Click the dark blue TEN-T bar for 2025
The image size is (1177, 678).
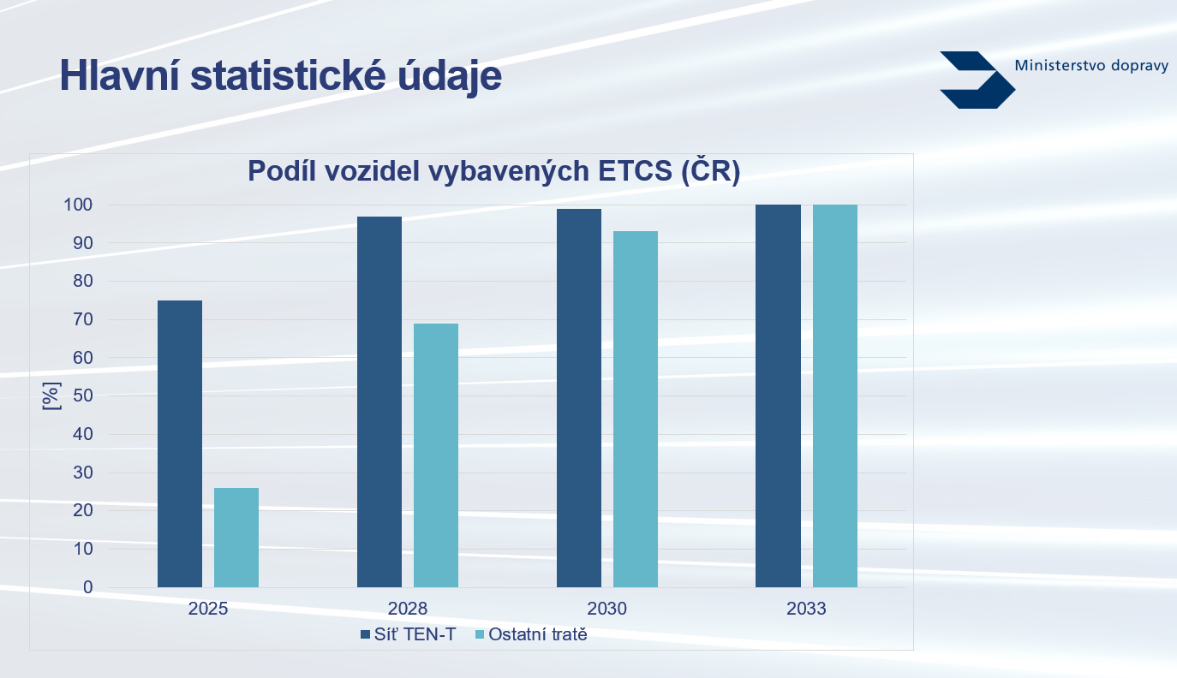[x=180, y=443]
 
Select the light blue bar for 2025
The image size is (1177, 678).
[x=236, y=538]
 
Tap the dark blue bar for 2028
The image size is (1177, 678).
[x=379, y=401]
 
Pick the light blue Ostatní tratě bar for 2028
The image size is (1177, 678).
[x=436, y=455]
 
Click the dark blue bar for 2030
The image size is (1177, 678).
[x=579, y=398]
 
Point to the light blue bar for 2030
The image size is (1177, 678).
[x=636, y=409]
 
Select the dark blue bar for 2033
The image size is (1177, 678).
[x=778, y=396]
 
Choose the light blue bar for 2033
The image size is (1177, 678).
[x=835, y=396]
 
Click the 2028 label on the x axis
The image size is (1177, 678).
[x=407, y=609]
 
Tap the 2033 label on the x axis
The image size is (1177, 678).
[x=806, y=609]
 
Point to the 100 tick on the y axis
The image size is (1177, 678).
[x=78, y=205]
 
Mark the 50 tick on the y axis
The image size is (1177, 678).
[x=83, y=395]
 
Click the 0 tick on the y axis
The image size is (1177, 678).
[x=87, y=587]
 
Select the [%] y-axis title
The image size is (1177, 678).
[x=51, y=396]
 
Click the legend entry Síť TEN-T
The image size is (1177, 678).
[x=409, y=634]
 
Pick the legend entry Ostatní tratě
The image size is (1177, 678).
[x=531, y=634]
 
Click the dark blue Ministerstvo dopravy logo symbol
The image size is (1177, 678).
[x=977, y=80]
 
